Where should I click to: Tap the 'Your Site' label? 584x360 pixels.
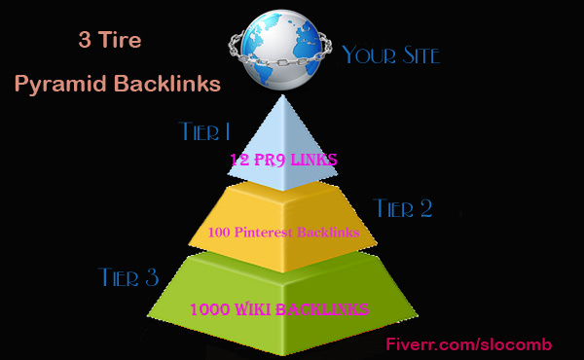(390, 54)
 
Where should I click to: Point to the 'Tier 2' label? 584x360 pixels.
(403, 207)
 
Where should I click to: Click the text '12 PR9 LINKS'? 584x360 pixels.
(283, 158)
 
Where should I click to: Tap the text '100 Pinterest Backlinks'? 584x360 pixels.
(282, 233)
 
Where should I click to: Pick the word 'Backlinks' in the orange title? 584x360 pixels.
(169, 85)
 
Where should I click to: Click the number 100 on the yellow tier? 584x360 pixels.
(219, 233)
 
